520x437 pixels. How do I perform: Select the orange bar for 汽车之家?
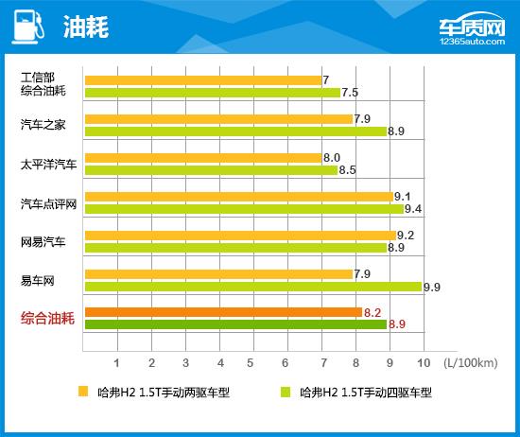click(218, 119)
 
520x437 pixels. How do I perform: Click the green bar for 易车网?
click(253, 287)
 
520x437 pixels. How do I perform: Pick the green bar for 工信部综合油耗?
click(213, 93)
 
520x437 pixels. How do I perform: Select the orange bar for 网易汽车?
click(240, 236)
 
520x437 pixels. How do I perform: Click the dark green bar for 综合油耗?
click(235, 324)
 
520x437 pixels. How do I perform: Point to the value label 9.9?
click(433, 287)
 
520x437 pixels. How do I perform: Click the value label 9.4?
click(413, 209)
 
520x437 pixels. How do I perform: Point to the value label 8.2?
click(373, 312)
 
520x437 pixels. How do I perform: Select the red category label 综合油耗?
click(47, 319)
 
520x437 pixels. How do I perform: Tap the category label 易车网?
click(38, 280)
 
